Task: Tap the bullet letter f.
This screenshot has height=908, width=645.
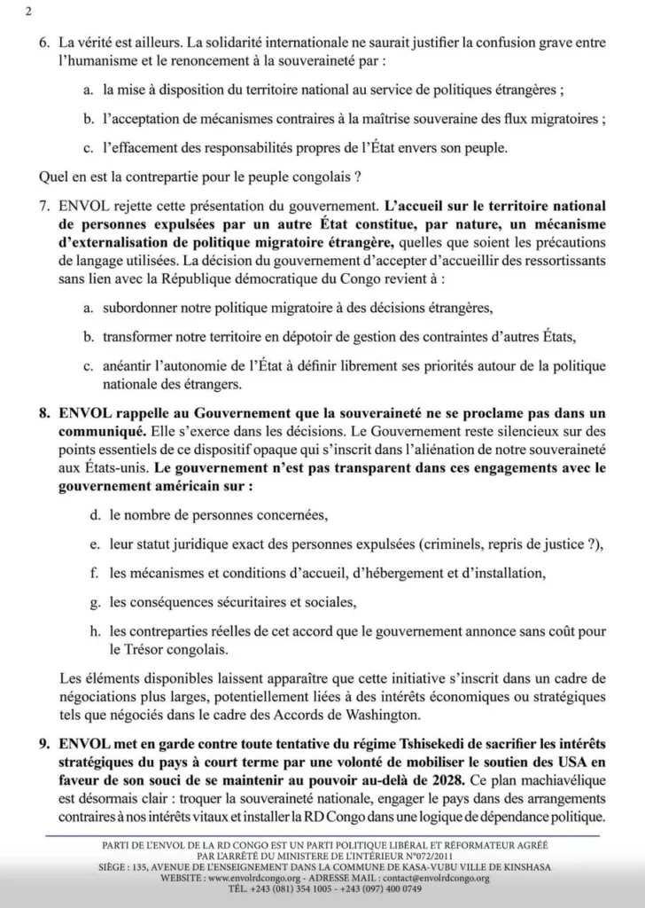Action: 93,573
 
